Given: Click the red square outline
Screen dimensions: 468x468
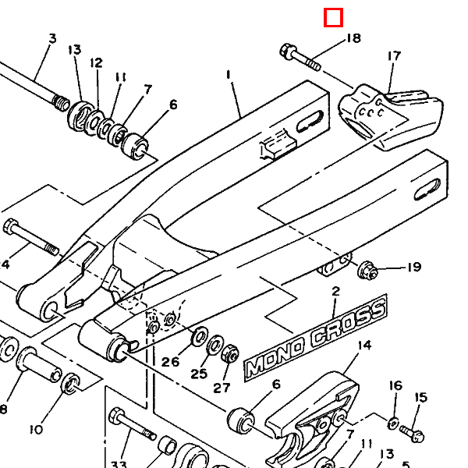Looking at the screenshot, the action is pyautogui.click(x=333, y=18).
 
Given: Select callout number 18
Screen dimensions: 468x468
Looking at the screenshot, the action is pyautogui.click(x=353, y=38).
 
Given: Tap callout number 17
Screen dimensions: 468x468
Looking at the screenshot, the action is pyautogui.click(x=394, y=56).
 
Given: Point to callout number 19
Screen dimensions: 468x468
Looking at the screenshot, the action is pyautogui.click(x=414, y=267).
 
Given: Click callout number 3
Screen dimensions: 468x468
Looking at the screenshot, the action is pyautogui.click(x=52, y=38).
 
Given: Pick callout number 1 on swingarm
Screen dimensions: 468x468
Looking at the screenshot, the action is pyautogui.click(x=229, y=74).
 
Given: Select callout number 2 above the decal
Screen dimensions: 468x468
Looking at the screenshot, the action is pyautogui.click(x=335, y=291).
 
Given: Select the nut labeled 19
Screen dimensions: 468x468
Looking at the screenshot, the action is pyautogui.click(x=367, y=270).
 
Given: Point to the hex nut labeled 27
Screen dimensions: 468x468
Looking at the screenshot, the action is pyautogui.click(x=230, y=353).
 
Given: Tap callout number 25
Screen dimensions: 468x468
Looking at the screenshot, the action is pyautogui.click(x=199, y=374).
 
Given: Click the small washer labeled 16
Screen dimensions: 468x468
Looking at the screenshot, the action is pyautogui.click(x=393, y=424).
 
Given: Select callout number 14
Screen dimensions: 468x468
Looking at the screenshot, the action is pyautogui.click(x=364, y=346).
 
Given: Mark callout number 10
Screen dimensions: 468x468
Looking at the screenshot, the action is pyautogui.click(x=36, y=430).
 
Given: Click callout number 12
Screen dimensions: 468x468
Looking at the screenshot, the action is pyautogui.click(x=96, y=63).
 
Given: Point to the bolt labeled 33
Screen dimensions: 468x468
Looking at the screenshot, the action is pyautogui.click(x=132, y=424).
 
